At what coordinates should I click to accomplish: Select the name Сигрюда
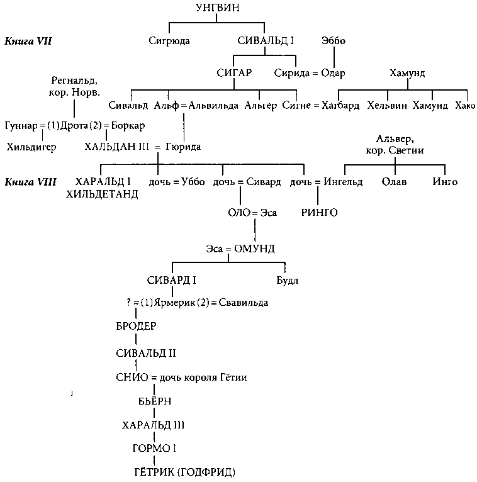(169, 42)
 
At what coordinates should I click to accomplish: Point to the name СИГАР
(233, 73)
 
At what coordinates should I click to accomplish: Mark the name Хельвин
(386, 105)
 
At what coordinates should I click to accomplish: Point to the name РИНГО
(320, 213)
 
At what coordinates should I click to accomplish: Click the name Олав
(395, 182)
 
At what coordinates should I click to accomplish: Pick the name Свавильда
(243, 303)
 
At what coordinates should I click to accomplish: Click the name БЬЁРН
(155, 401)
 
